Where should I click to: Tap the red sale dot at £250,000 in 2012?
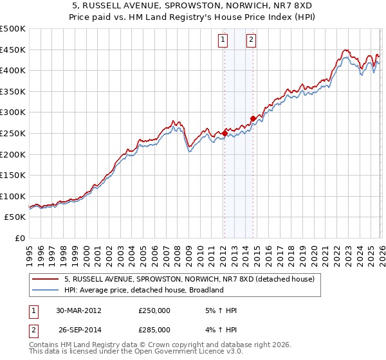(225, 133)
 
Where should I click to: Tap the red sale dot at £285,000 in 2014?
(253, 118)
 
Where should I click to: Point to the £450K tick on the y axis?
(13, 50)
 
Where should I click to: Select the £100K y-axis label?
(13, 197)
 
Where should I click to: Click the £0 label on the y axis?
(19, 239)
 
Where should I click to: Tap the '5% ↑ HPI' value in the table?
(221, 310)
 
